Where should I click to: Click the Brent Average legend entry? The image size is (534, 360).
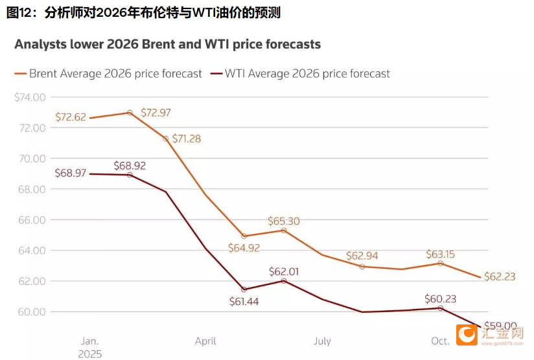pos(108,74)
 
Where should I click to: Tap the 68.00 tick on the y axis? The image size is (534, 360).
pos(32,189)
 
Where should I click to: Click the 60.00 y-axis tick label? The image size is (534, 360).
pos(32,311)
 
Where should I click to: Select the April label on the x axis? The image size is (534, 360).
pos(205,341)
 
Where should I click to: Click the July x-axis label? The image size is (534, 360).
pos(322,341)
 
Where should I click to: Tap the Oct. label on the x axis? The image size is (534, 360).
pos(440,341)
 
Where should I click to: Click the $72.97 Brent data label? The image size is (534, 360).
pos(156,113)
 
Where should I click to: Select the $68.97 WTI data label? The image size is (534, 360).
pos(71,174)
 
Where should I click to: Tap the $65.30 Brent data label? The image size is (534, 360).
pos(284,221)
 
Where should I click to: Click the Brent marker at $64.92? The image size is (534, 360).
pos(244,236)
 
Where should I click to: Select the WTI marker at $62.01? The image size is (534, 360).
pos(284,280)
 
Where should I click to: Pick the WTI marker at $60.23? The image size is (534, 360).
pos(441,308)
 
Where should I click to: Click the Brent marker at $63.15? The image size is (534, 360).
pos(441,263)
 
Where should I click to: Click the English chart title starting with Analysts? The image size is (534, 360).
pos(167,45)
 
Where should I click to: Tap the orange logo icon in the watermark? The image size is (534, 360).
pos(465,335)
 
